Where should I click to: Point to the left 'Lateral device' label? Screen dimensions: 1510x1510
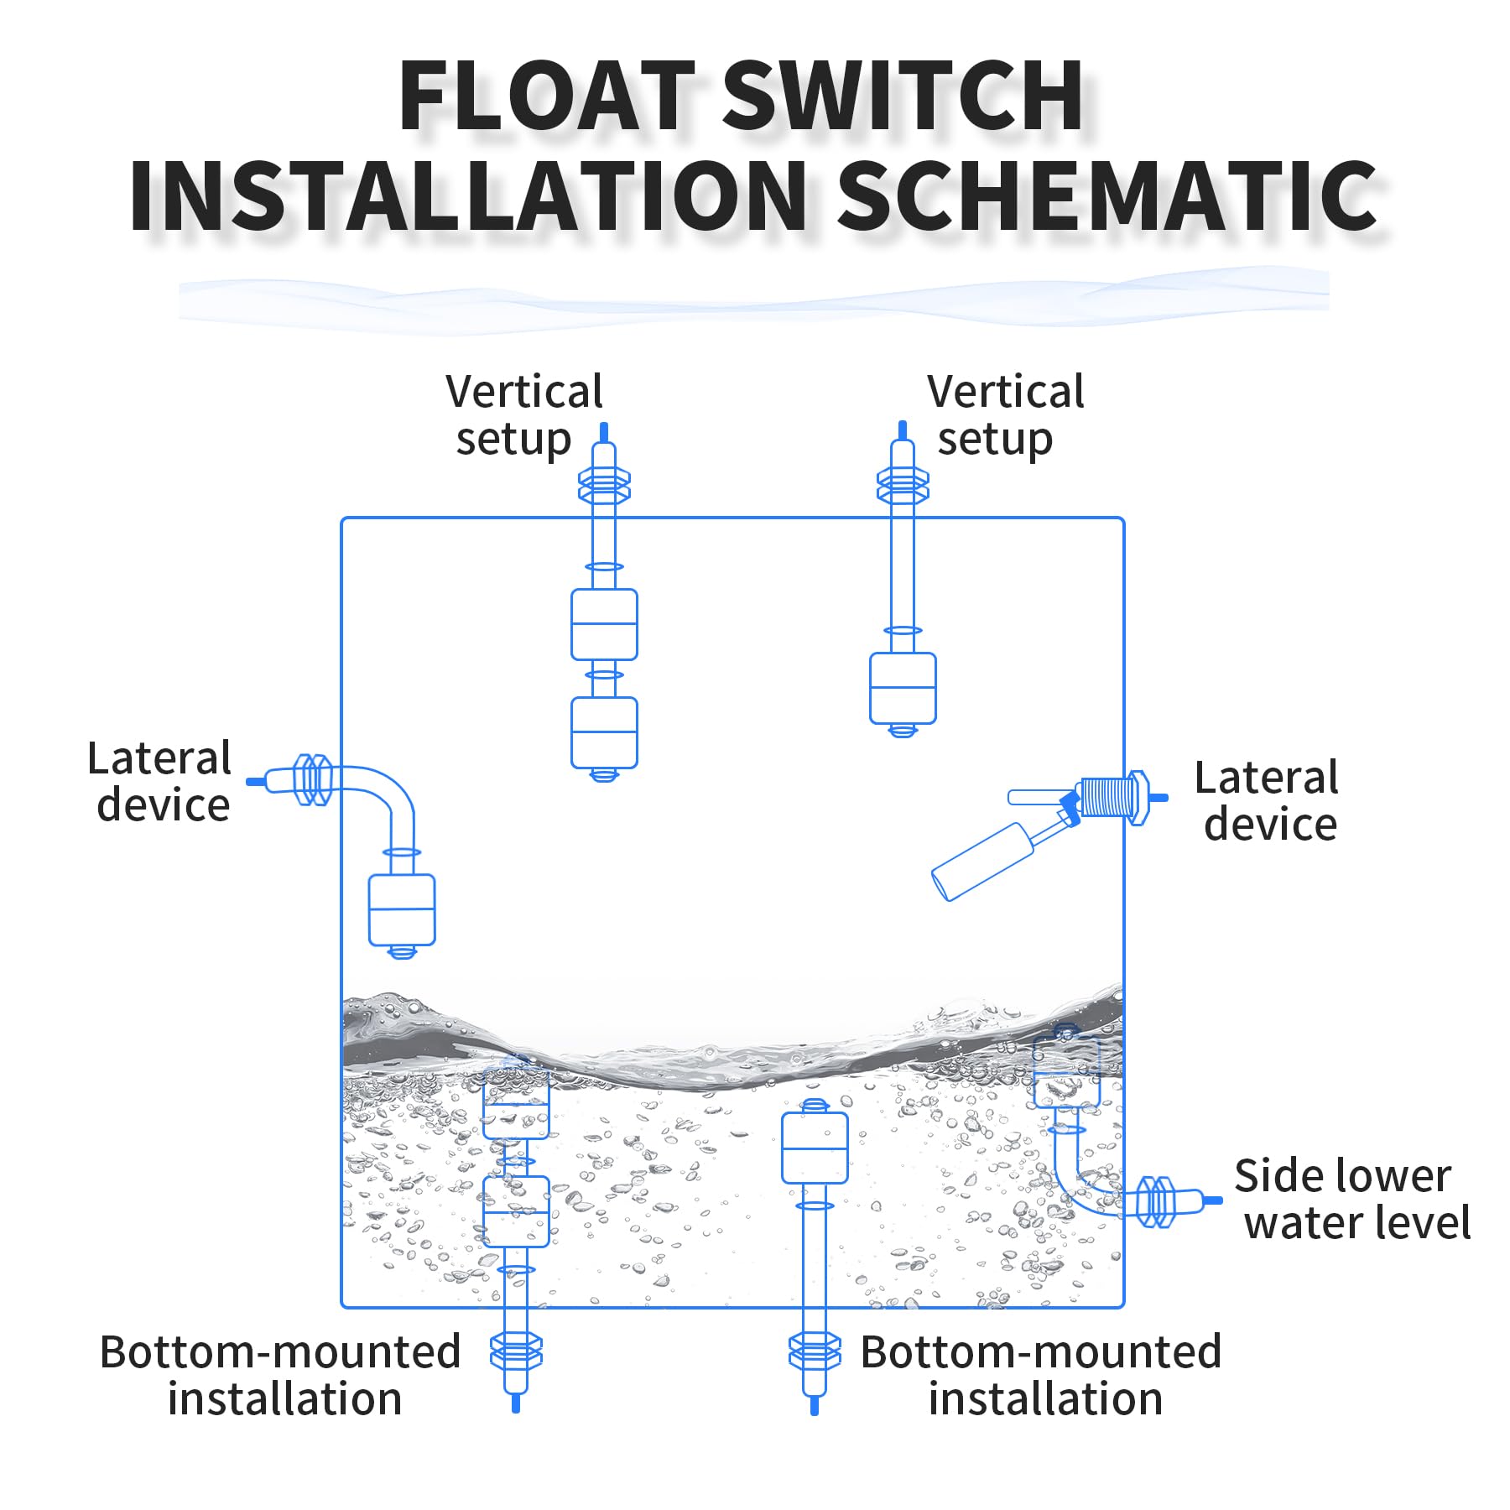coord(160,782)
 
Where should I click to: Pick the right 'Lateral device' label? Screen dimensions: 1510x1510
coord(1267,801)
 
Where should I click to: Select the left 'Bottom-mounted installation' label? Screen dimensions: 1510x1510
coord(280,1376)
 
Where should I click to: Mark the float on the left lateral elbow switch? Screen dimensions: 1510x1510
coord(402,909)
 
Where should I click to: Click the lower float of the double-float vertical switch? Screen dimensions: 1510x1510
coord(604,732)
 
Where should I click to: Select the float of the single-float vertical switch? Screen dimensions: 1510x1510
coord(903,688)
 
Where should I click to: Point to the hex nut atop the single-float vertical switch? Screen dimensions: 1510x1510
coord(903,486)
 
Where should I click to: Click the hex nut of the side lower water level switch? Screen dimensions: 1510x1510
coord(1155,1202)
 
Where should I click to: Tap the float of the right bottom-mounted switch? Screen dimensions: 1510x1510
coord(814,1148)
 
